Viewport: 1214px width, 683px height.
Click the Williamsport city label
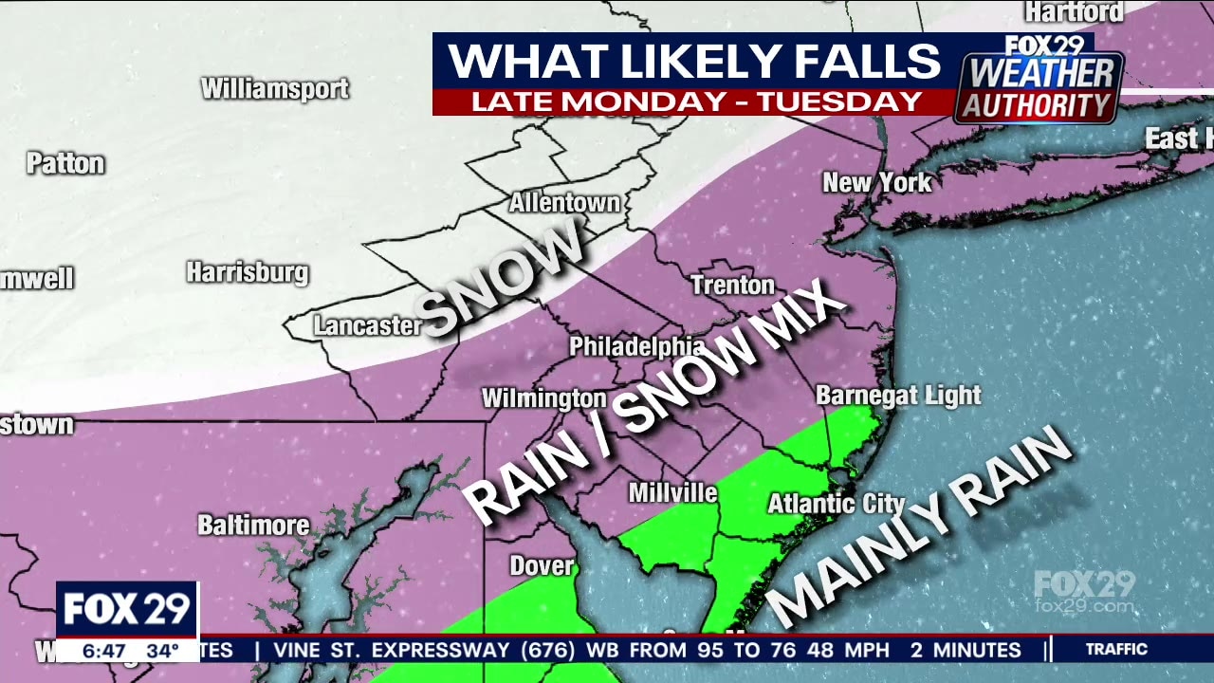275,89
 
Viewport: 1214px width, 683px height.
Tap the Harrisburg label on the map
248,273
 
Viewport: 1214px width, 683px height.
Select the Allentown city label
564,203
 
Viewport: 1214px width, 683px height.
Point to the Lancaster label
367,326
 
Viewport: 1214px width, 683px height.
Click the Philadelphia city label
636,347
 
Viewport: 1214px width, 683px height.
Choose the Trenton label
732,285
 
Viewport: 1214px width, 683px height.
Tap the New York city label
876,182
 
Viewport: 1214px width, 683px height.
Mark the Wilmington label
543,398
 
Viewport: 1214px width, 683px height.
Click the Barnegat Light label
898,396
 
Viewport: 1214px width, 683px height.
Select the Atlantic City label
823,504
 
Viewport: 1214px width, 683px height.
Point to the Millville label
672,493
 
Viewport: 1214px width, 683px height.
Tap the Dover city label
542,566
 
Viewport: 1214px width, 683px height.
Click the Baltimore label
253,525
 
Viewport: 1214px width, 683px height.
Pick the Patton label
64,163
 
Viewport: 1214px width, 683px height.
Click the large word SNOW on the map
501,276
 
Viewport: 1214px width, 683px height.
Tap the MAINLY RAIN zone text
918,527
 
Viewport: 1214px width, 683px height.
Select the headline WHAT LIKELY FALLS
694,62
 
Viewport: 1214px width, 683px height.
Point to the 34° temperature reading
162,652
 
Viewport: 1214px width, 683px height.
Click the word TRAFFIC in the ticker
1116,650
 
